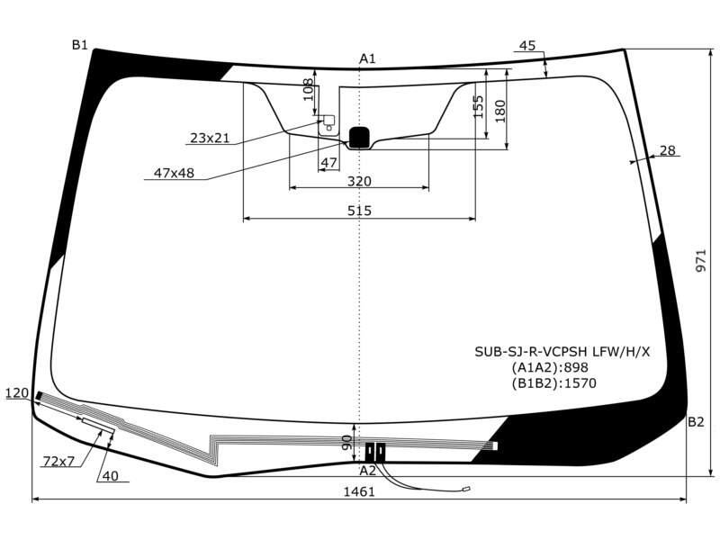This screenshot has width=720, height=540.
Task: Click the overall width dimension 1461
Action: click(x=359, y=491)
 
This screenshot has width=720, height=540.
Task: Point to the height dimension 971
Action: click(x=701, y=261)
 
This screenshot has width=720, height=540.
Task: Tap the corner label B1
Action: click(x=79, y=44)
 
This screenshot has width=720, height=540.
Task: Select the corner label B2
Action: click(x=696, y=421)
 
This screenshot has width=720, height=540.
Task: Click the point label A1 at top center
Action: click(x=367, y=58)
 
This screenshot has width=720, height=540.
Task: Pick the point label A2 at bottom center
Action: click(x=367, y=470)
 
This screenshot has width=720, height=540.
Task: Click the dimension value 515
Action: click(x=359, y=211)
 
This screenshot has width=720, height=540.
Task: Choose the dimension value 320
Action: click(x=359, y=182)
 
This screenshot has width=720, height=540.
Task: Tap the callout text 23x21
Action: click(x=210, y=138)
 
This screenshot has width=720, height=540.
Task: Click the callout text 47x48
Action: click(x=174, y=173)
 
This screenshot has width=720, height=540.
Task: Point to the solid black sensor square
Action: click(x=359, y=138)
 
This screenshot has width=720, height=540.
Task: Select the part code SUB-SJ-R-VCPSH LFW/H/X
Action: click(x=562, y=352)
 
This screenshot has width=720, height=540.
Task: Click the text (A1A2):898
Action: click(x=550, y=367)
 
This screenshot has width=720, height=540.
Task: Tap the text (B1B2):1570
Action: click(x=553, y=383)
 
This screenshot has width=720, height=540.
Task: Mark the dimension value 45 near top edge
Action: click(x=527, y=46)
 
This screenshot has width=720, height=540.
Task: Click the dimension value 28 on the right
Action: click(x=668, y=150)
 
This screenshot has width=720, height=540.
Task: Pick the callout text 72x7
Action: click(x=58, y=461)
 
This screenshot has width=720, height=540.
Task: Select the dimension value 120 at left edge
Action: click(x=17, y=393)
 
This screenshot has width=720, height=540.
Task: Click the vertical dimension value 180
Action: click(x=500, y=111)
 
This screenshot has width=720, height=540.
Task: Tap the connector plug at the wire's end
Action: click(x=466, y=490)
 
